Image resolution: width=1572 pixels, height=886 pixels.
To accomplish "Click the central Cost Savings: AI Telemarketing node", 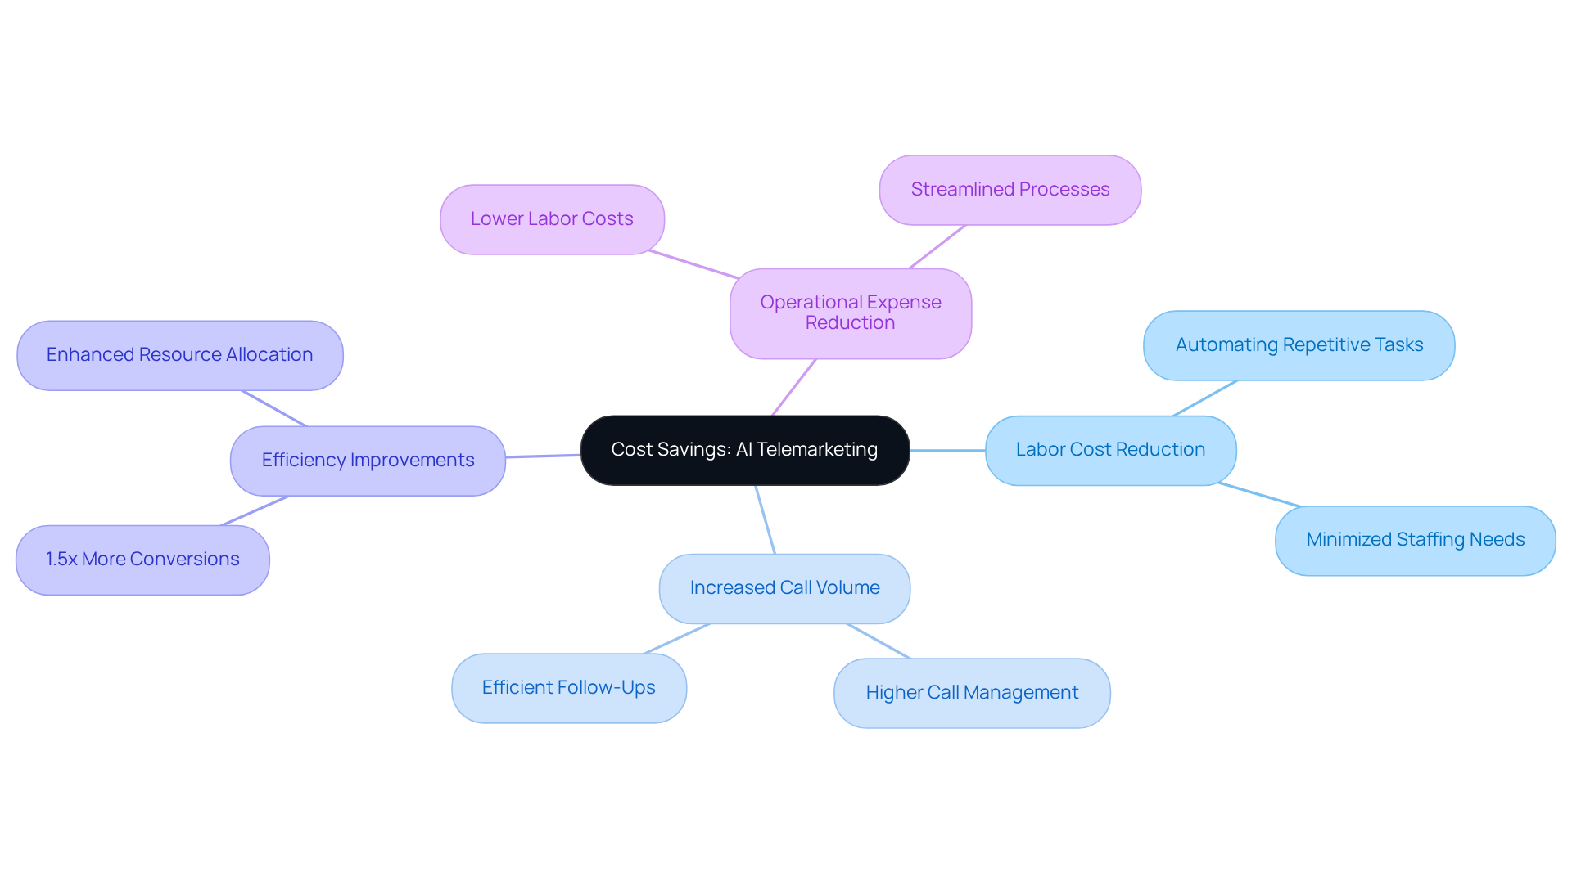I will [744, 450].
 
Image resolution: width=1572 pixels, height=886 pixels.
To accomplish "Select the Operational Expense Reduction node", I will [850, 313].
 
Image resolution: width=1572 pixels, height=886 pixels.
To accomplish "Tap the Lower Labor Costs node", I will [552, 219].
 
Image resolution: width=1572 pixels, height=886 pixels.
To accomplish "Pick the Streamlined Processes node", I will [1010, 190].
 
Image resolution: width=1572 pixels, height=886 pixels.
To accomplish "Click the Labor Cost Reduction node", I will [1110, 450].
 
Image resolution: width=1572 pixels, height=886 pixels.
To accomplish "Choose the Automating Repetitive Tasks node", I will [1299, 345].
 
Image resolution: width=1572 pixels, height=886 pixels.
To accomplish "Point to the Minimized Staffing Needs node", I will [1415, 540].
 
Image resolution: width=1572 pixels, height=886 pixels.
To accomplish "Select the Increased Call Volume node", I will [784, 588].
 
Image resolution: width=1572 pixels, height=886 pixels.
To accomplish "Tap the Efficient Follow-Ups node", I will [568, 688].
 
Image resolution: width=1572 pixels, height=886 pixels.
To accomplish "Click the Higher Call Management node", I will [972, 693].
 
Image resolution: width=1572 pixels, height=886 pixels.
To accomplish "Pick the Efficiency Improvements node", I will [368, 461].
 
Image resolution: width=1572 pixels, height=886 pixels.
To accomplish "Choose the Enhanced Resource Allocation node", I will [179, 355].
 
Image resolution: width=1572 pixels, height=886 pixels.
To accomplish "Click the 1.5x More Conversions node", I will [142, 560].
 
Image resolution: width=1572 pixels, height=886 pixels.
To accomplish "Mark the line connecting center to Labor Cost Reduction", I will [947, 451].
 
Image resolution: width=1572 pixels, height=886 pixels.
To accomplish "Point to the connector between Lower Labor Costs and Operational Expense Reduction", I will [693, 264].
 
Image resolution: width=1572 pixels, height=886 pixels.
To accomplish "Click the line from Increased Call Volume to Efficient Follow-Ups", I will [677, 639].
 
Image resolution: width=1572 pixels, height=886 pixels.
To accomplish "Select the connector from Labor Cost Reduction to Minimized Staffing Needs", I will [1258, 495].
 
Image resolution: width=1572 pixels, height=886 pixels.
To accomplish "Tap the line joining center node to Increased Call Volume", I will [765, 519].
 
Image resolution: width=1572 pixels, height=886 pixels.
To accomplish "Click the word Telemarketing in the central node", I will [816, 450].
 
